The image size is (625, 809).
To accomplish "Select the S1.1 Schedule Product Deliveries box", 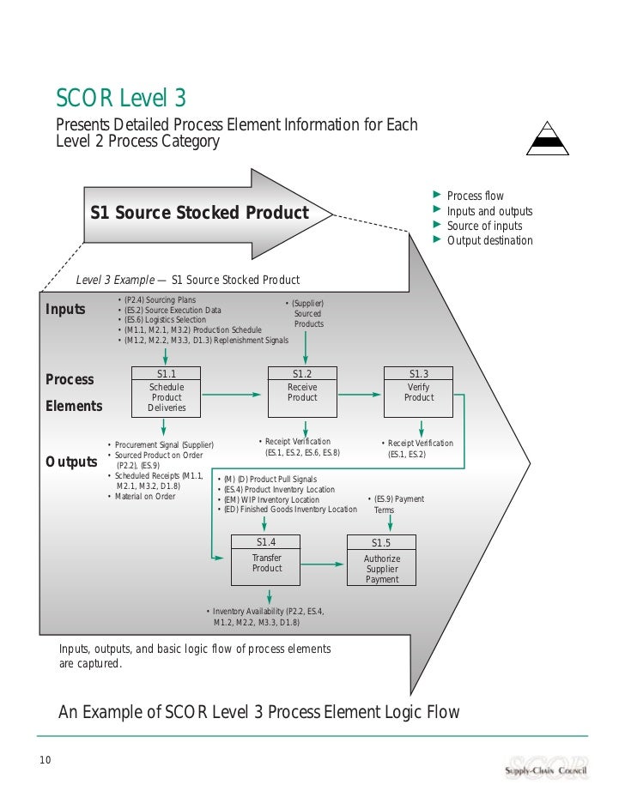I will (167, 391).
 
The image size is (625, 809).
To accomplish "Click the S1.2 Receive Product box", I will (302, 391).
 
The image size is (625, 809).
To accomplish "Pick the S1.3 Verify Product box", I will (419, 391).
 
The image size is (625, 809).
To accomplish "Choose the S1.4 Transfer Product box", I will (267, 558).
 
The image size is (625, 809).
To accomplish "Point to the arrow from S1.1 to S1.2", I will (232, 395).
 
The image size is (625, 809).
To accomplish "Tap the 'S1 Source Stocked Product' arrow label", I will (199, 213).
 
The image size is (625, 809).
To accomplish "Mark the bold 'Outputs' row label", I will (71, 462).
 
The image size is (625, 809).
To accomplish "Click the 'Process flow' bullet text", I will (475, 196).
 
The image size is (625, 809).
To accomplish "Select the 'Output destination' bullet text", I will (489, 240).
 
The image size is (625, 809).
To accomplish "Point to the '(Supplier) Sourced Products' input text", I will (308, 314).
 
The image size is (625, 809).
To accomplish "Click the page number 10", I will (45, 758).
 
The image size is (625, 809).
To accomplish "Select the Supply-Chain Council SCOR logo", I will (546, 766).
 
